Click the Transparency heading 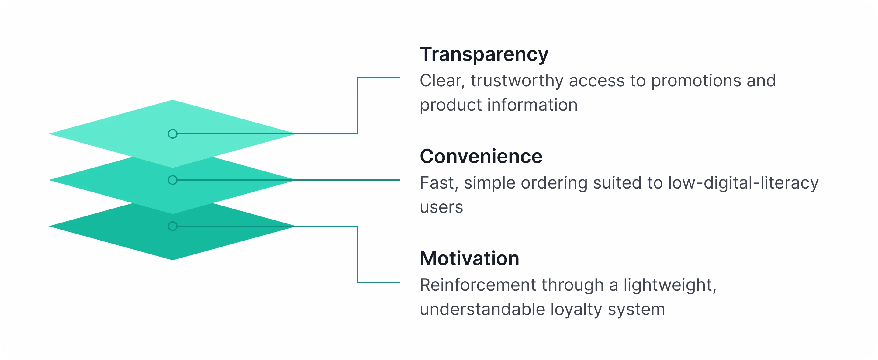pos(484,54)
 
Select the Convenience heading pos(481,157)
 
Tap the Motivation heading pos(469,258)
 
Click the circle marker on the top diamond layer pos(173,134)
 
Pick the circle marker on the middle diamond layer pos(173,180)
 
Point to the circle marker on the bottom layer pos(173,226)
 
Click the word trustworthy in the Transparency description pos(517,81)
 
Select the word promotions pos(696,81)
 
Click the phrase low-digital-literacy pos(743,183)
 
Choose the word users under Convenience pos(441,207)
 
